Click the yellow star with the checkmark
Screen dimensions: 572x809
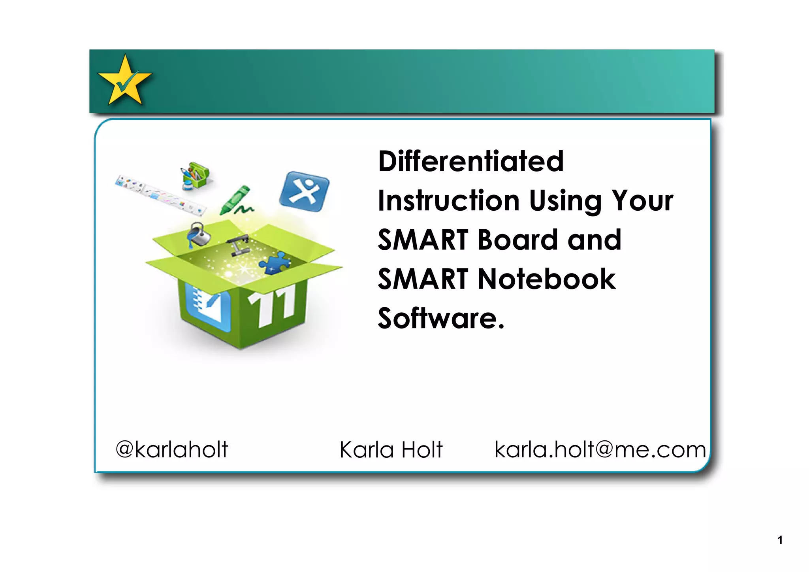tap(125, 81)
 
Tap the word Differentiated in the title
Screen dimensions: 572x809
tap(471, 161)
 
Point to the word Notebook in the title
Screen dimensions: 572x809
tap(547, 279)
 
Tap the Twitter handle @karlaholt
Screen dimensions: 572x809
tap(172, 449)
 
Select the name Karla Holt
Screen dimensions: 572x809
tap(391, 450)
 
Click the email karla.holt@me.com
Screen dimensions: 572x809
tap(600, 449)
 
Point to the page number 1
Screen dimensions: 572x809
tap(780, 540)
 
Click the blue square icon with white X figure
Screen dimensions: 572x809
tap(304, 191)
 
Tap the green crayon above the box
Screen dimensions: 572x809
tap(236, 200)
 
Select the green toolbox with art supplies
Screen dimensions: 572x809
tap(195, 175)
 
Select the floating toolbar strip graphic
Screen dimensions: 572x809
tap(160, 194)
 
